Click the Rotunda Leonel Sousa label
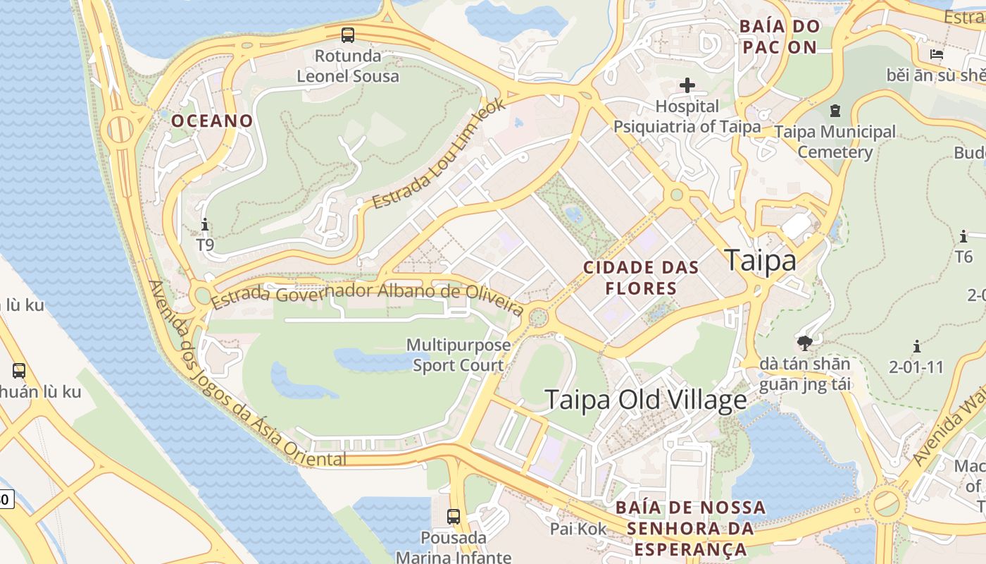[348, 66]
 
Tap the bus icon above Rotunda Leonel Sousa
[348, 34]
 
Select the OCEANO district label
[212, 121]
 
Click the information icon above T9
[205, 225]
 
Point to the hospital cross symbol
[687, 86]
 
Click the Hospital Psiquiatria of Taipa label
[687, 117]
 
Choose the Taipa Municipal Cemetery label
[835, 142]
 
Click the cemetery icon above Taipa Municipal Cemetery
[835, 111]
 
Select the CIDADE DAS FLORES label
[642, 278]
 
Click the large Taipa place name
[761, 260]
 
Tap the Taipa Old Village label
[646, 400]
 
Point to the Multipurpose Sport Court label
[458, 355]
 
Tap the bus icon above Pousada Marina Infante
[454, 517]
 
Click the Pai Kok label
[578, 529]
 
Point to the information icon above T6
[963, 236]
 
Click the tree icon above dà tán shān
[805, 343]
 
